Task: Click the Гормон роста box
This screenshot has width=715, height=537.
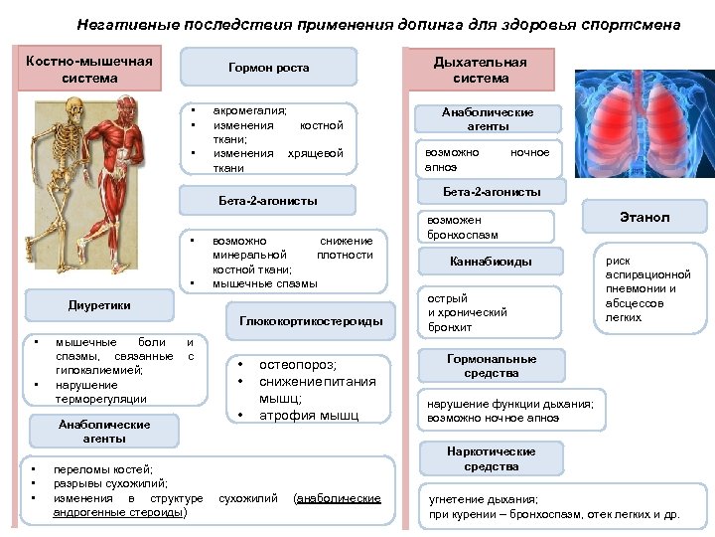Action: coord(268,68)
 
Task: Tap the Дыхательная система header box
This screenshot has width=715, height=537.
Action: coord(481,70)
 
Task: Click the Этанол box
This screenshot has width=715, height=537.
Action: coord(644,217)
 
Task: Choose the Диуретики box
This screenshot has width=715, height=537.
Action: coord(99,305)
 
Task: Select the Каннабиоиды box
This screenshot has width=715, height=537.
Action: coord(491,262)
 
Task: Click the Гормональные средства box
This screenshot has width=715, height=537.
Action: coord(491,366)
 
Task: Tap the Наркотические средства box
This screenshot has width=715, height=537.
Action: coord(491,458)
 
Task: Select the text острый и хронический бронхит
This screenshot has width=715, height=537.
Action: coord(467,312)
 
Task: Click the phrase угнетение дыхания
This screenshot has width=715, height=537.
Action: coord(483,499)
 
